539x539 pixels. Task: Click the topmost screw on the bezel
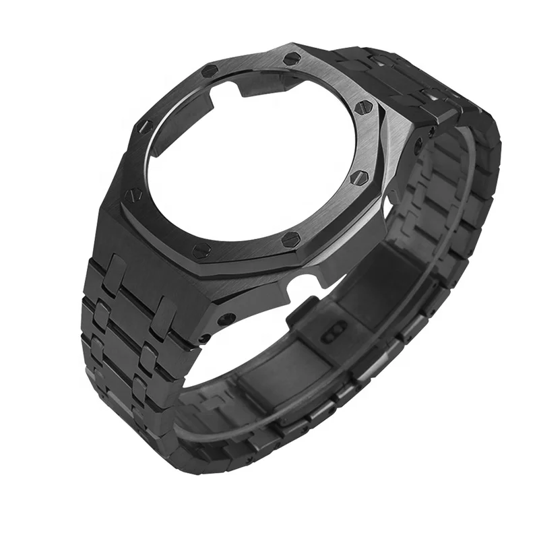pyautogui.click(x=292, y=59)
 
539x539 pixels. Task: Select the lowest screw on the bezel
pyautogui.click(x=200, y=251)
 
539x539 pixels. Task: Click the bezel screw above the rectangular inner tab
pyautogui.click(x=210, y=70)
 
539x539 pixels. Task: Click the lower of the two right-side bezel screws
pyautogui.click(x=360, y=178)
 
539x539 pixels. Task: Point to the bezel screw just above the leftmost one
pyautogui.click(x=145, y=125)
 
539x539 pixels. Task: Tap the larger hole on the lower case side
pyautogui.click(x=228, y=318)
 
